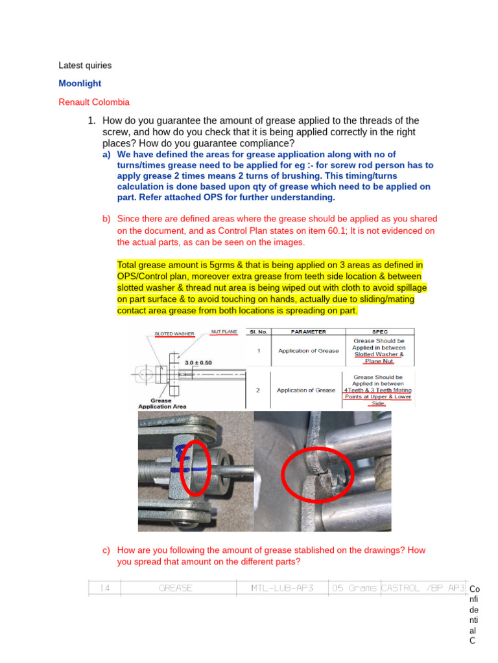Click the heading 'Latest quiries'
(x=85, y=65)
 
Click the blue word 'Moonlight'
(x=80, y=84)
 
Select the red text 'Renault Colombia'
(x=94, y=102)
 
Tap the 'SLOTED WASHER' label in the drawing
(x=174, y=334)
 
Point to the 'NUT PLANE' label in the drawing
(x=224, y=331)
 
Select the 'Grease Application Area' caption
(x=162, y=403)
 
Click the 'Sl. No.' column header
(x=258, y=331)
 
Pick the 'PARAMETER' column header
(x=308, y=331)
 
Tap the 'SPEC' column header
(x=379, y=331)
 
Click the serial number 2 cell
(x=257, y=390)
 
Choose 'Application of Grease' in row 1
(x=308, y=351)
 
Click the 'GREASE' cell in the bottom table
(x=176, y=588)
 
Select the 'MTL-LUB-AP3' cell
(x=282, y=588)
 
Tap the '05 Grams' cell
(x=354, y=588)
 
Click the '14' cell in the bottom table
(x=104, y=588)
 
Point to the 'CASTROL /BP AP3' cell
(x=423, y=588)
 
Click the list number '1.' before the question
(x=92, y=121)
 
